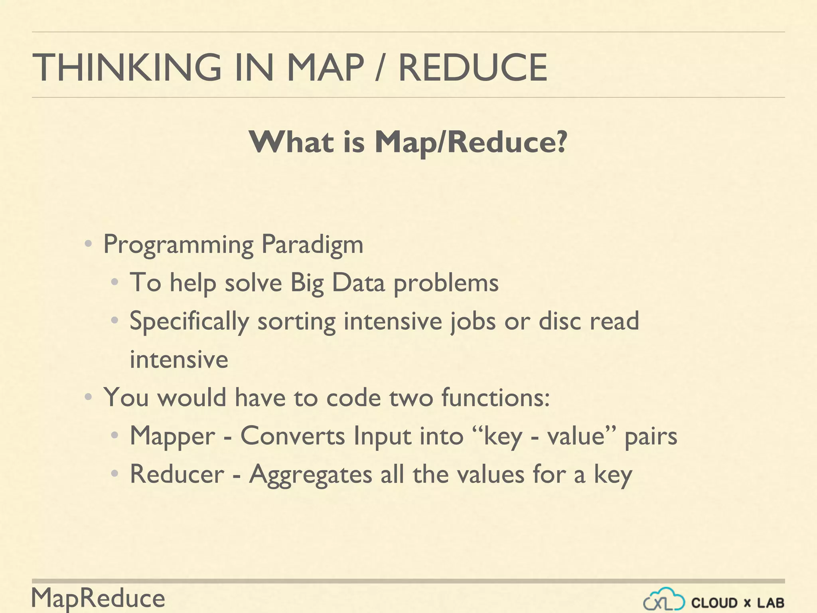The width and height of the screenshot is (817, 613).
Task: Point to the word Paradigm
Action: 312,244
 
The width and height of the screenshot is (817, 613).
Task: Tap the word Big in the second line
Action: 307,283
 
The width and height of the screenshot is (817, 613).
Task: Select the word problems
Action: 446,283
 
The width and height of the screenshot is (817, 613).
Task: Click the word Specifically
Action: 189,321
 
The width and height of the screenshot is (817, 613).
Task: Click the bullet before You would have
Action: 89,397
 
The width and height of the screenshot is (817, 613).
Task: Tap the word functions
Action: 495,397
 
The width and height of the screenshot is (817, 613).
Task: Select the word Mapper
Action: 172,436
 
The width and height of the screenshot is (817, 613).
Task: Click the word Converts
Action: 292,436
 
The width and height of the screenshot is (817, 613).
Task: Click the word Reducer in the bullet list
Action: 177,474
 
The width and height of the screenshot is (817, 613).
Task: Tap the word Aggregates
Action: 310,475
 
